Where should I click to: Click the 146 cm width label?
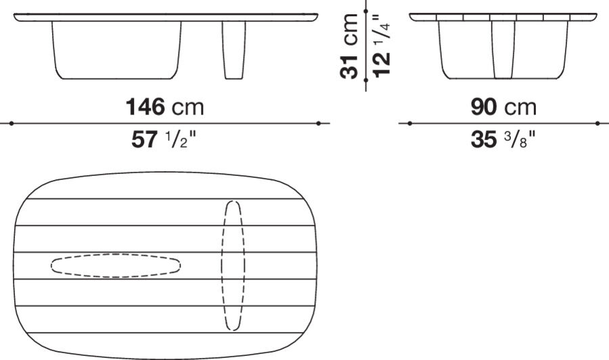point(164,106)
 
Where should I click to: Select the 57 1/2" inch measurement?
point(164,140)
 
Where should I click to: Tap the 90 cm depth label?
point(503,106)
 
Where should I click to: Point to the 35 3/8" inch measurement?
point(503,140)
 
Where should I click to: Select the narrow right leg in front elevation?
point(233,49)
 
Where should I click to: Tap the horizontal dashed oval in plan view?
point(116,265)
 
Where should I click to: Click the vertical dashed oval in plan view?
point(233,265)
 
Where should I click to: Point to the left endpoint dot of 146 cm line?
point(12,123)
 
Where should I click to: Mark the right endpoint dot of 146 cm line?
point(318,123)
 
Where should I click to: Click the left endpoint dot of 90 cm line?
point(410,123)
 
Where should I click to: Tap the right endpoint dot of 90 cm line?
point(597,123)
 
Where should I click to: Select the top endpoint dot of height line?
point(365,12)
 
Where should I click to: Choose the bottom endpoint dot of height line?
point(365,81)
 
